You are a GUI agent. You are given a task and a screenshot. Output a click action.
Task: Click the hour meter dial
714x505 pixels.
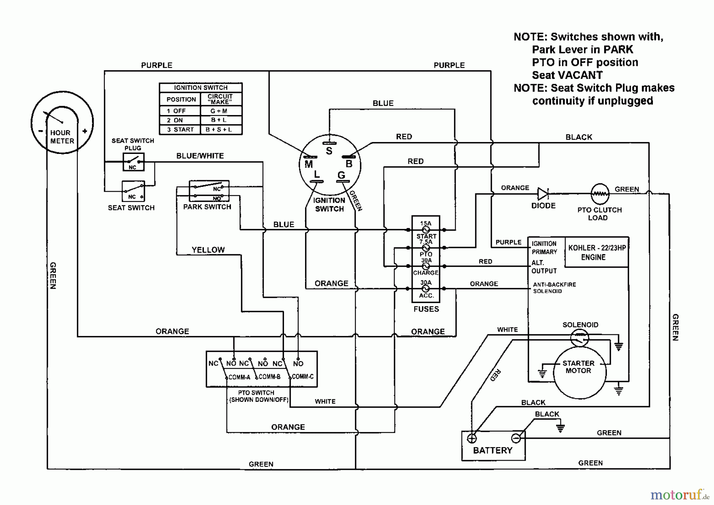coord(62,123)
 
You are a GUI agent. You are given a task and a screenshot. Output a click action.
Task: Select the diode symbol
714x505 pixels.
coord(543,194)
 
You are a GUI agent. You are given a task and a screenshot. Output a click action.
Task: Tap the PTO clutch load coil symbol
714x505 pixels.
coord(600,194)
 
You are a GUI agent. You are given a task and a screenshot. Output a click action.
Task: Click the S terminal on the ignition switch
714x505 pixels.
coord(329,144)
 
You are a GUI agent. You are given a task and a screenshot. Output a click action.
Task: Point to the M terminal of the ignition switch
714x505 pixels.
coord(310,157)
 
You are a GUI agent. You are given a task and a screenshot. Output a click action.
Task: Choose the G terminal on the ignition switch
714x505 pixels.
coord(343,181)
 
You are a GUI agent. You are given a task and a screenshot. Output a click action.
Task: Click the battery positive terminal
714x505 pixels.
coord(472,438)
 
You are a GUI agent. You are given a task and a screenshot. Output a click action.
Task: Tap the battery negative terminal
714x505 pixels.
coord(516,438)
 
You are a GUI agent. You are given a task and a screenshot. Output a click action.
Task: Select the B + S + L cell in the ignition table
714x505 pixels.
coord(219,130)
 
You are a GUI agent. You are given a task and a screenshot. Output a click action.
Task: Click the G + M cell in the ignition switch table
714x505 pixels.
coord(219,111)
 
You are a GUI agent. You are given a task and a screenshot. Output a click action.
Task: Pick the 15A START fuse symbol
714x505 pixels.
coord(426,230)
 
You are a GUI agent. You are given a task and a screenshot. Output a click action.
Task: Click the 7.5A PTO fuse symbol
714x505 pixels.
coord(426,248)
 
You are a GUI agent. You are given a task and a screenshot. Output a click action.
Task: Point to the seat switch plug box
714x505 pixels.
coord(133,162)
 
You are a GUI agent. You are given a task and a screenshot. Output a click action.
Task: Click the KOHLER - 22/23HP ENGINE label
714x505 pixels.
coord(597,252)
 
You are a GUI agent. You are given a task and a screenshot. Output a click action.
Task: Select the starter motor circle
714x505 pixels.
coord(579,373)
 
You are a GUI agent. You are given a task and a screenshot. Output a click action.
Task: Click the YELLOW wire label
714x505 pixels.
coord(208,250)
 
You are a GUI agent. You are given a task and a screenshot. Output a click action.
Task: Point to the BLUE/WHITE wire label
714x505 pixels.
coord(200,156)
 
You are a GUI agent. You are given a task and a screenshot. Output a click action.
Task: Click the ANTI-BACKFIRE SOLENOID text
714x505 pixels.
coord(554,288)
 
